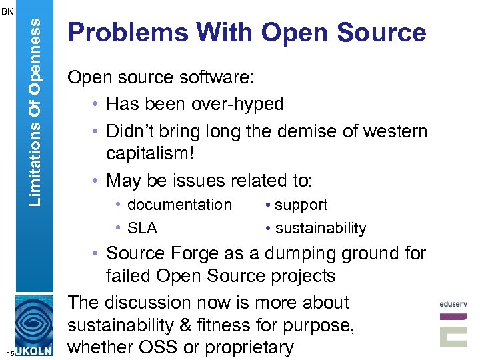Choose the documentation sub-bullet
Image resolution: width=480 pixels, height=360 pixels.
pyautogui.click(x=179, y=205)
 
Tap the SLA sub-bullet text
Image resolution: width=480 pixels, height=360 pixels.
pyautogui.click(x=142, y=228)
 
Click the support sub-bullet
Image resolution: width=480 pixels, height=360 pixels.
pyautogui.click(x=301, y=205)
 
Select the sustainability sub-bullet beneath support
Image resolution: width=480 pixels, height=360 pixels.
pyautogui.click(x=320, y=228)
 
